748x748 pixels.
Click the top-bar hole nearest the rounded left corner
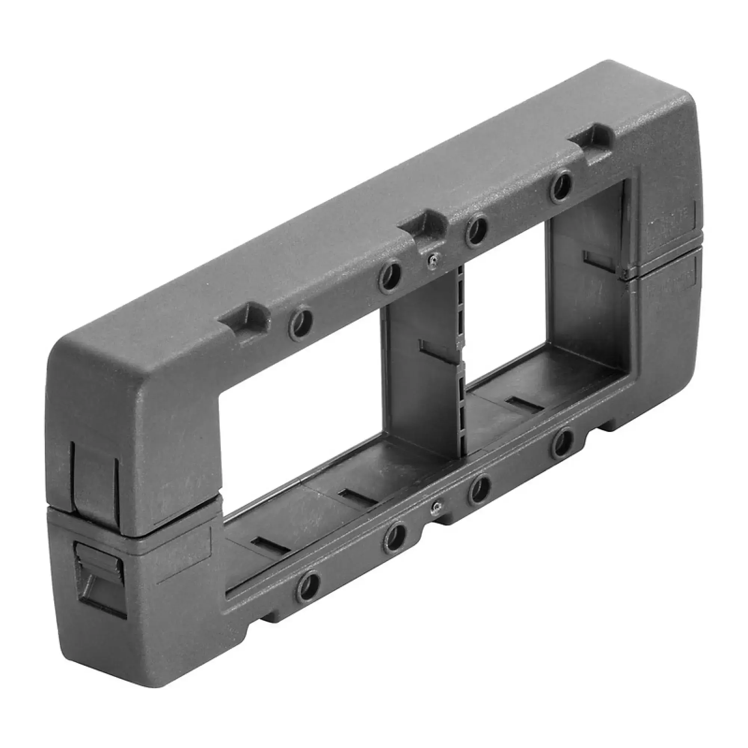(301, 323)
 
